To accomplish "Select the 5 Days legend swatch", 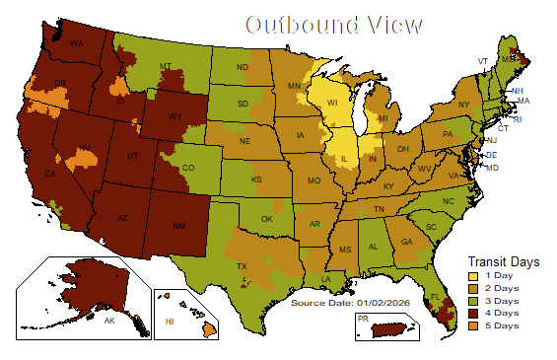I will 472,325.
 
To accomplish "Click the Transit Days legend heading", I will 503,262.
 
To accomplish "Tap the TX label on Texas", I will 242,267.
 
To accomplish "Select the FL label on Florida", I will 434,296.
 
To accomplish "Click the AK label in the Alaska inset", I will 109,322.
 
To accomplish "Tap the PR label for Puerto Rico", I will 363,320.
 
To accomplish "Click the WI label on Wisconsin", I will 332,102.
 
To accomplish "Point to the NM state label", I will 179,227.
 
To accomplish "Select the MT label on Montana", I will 167,67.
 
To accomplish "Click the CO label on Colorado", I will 188,169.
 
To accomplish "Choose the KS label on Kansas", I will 255,180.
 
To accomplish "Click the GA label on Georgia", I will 406,242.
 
